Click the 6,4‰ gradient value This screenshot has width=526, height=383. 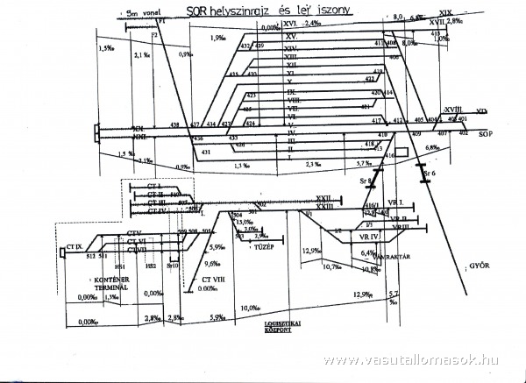tap(368, 253)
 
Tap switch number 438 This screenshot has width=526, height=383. tap(174, 126)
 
